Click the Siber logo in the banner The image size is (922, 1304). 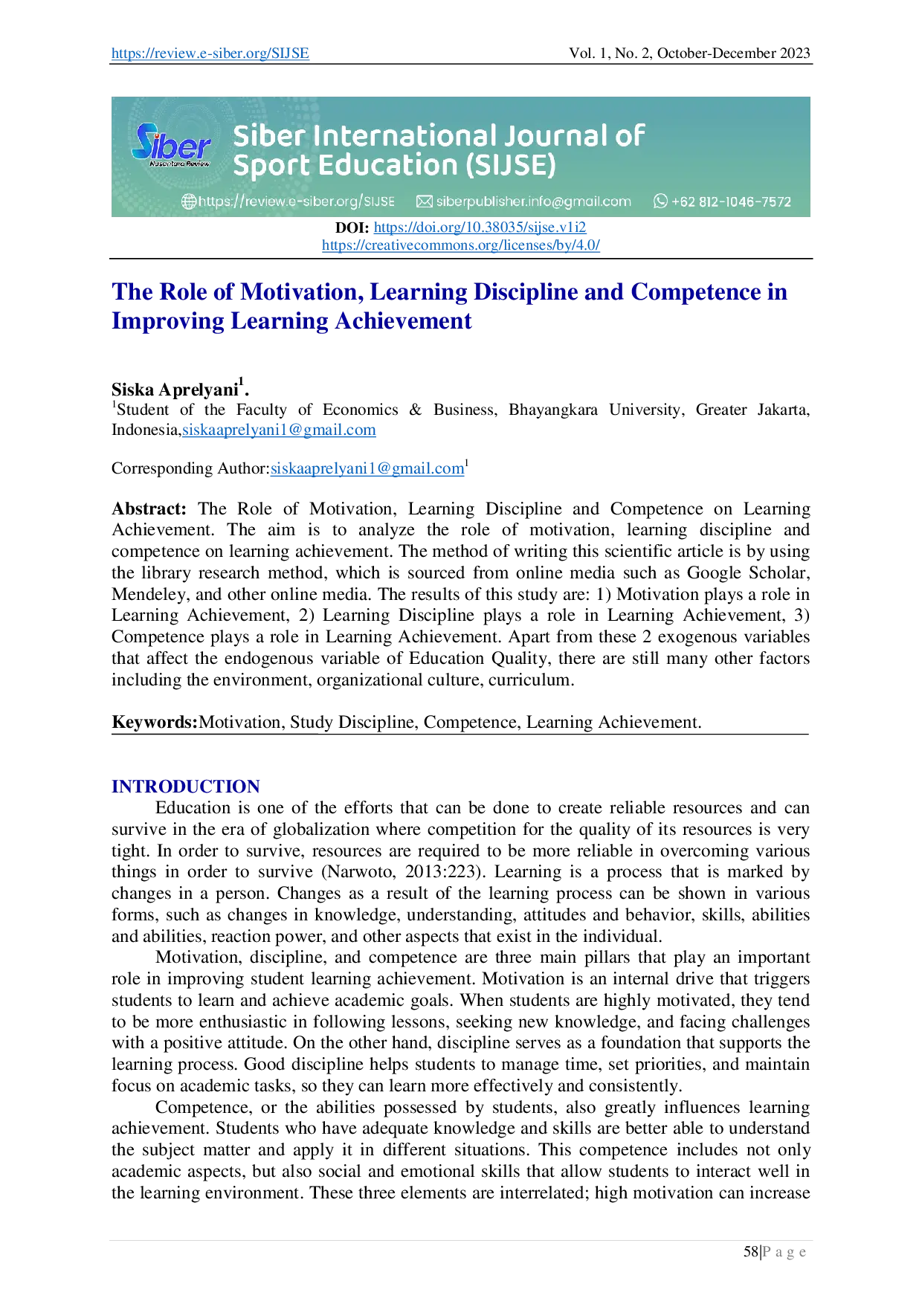172,144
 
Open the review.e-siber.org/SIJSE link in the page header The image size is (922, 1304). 210,54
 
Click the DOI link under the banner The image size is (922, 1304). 480,227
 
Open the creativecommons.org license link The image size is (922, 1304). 461,245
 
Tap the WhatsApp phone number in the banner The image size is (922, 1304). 731,201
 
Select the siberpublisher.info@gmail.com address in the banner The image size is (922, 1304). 533,201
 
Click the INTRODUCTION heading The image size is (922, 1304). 186,787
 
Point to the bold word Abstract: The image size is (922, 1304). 149,509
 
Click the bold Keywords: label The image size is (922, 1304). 155,722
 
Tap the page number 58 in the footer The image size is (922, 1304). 751,1252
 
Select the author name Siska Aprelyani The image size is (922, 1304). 175,390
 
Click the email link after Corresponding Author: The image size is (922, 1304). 367,468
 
